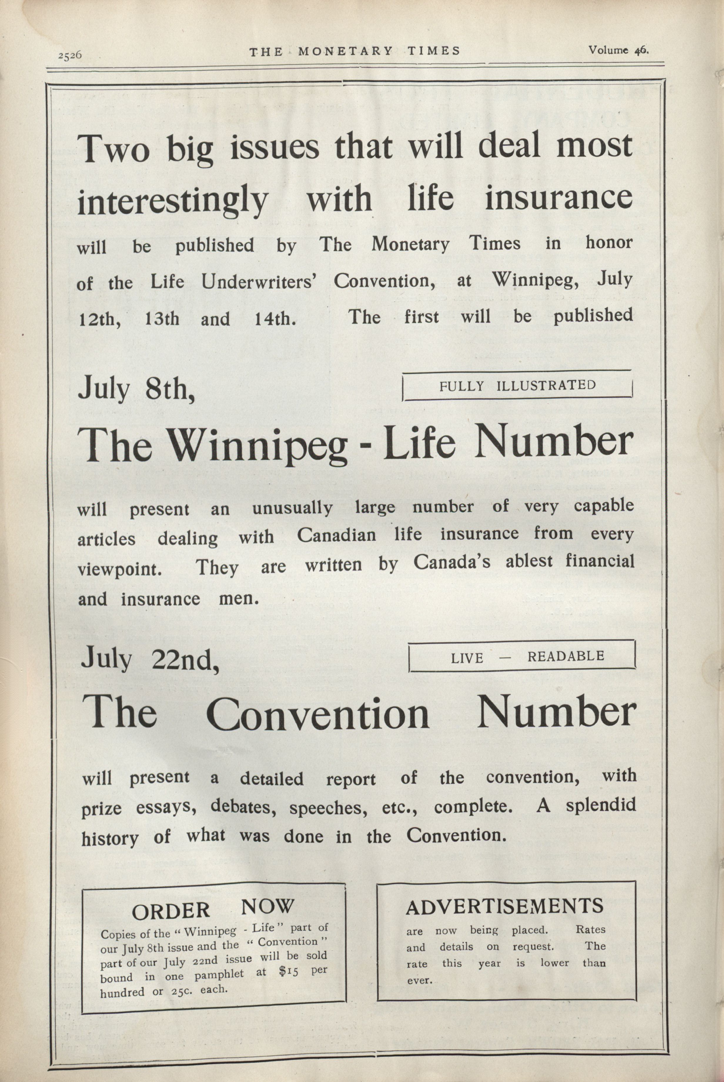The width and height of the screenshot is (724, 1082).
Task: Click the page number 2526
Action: (70, 55)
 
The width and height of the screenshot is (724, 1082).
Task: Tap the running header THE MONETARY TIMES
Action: (355, 51)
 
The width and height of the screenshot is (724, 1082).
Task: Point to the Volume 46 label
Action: (618, 50)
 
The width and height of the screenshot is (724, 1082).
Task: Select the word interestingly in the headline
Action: (172, 201)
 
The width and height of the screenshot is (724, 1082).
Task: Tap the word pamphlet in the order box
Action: (219, 974)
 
